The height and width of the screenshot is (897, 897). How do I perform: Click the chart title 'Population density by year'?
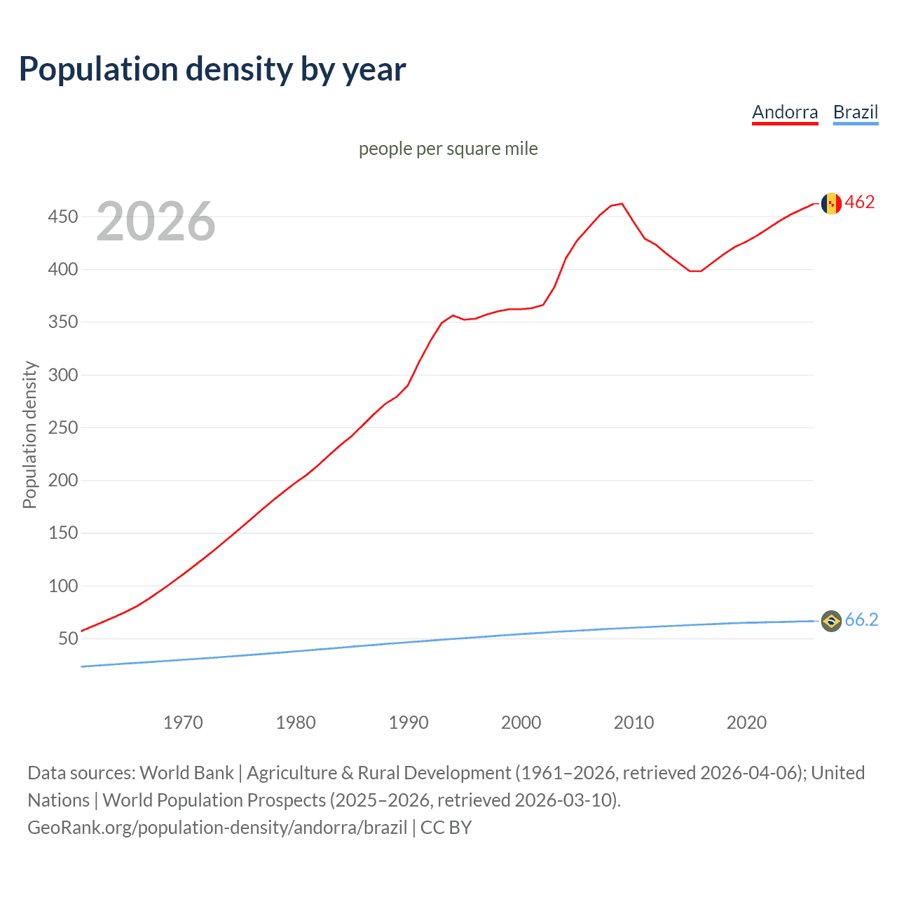212,69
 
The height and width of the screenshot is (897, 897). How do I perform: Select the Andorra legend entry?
784,112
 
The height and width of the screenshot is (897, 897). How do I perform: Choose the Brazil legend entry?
855,112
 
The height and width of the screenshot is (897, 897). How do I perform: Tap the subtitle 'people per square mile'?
448,149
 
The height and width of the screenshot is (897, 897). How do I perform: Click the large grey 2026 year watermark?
156,221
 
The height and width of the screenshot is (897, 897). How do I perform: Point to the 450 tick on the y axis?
62,217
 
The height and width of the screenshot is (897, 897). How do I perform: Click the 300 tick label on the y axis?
62,375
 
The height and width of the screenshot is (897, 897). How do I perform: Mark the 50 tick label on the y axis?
67,638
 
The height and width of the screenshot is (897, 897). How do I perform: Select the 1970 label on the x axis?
183,723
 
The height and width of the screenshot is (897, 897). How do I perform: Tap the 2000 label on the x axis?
521,723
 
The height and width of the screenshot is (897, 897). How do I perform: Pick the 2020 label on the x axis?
746,723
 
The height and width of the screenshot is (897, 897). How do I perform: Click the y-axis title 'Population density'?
29,434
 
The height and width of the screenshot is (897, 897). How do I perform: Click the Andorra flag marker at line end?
831,203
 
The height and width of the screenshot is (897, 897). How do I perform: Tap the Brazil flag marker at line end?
831,621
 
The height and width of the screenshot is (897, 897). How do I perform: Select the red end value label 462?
860,203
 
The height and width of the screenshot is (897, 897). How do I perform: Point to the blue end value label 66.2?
861,619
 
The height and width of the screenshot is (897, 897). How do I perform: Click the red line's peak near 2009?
622,204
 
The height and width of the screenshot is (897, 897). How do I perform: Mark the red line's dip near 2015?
695,271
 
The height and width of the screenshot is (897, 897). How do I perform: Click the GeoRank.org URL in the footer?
217,828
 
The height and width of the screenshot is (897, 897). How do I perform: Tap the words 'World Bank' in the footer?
186,773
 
